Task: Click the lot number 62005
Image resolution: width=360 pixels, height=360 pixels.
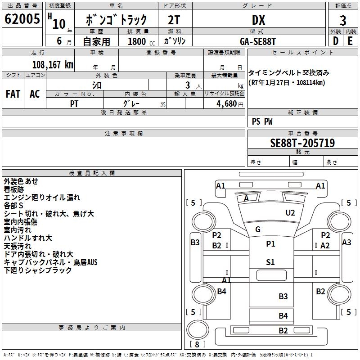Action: pyautogui.click(x=22, y=19)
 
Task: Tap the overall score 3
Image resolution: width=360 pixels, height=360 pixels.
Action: pyautogui.click(x=343, y=20)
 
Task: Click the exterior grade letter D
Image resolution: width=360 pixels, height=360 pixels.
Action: pyautogui.click(x=335, y=40)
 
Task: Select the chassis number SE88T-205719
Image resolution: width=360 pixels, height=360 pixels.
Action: pyautogui.click(x=302, y=143)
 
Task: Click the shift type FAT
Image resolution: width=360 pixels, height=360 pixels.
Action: pyautogui.click(x=13, y=94)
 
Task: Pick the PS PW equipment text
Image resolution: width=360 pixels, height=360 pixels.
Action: pyautogui.click(x=262, y=121)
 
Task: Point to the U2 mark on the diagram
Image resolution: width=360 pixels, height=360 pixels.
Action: pyautogui.click(x=290, y=213)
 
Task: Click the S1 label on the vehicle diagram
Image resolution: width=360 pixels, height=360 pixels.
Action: pyautogui.click(x=270, y=262)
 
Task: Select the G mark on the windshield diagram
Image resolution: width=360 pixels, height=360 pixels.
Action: pyautogui.click(x=258, y=229)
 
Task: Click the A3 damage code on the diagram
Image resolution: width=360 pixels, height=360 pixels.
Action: pyautogui.click(x=346, y=243)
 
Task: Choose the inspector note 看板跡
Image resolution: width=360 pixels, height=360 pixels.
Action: pyautogui.click(x=14, y=189)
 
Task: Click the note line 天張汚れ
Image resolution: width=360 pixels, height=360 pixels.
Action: pyautogui.click(x=18, y=246)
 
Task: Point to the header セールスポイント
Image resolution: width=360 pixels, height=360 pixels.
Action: pyautogui.click(x=303, y=53)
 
